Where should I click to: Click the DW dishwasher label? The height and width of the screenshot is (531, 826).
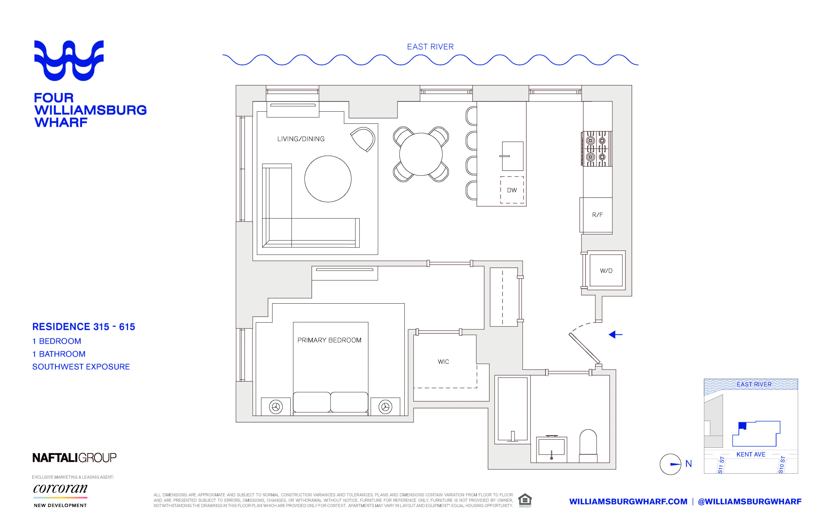(x=512, y=190)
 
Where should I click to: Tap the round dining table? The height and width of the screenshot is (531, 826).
(x=421, y=154)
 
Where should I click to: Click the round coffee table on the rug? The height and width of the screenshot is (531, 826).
(x=328, y=179)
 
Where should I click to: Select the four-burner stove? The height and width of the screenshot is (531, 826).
(x=597, y=149)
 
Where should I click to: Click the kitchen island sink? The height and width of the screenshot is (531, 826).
(x=512, y=156)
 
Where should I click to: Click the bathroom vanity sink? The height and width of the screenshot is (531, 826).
(x=551, y=448)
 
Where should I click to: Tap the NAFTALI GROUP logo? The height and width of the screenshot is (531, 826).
(x=74, y=458)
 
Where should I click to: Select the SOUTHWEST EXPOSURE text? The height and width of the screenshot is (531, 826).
(x=81, y=367)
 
